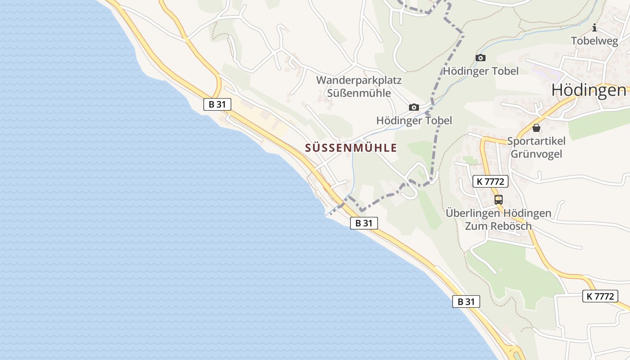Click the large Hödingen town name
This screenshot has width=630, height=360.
(x=589, y=90)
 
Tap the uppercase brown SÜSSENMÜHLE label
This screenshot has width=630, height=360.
(x=351, y=148)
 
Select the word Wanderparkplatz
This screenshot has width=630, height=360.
(x=359, y=81)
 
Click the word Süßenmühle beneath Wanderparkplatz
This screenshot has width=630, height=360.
(x=359, y=94)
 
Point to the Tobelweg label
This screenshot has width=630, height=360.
(x=595, y=41)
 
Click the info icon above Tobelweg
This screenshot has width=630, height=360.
(x=594, y=28)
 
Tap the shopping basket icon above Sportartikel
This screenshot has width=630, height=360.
(x=536, y=128)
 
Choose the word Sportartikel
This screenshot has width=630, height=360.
(x=536, y=141)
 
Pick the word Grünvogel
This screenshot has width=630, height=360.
(x=536, y=154)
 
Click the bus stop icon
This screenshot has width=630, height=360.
(x=498, y=199)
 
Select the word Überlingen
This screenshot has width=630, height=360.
(x=472, y=213)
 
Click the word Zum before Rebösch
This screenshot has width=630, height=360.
(x=476, y=226)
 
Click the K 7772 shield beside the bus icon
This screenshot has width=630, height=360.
(x=490, y=181)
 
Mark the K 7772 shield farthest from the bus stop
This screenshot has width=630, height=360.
(x=600, y=296)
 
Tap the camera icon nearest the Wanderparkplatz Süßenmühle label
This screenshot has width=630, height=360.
(x=414, y=107)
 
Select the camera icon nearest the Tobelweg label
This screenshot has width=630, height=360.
(x=481, y=58)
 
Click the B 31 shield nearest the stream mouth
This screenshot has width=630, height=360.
(x=364, y=223)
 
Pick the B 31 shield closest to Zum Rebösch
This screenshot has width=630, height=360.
(x=466, y=301)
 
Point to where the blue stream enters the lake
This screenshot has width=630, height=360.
(x=326, y=216)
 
